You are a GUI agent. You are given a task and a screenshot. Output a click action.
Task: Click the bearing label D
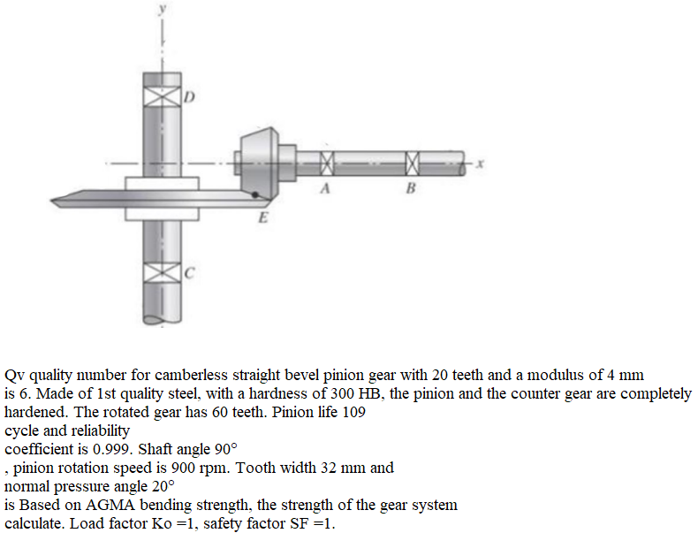coord(189,97)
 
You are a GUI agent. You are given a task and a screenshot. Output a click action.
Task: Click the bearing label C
coord(189,273)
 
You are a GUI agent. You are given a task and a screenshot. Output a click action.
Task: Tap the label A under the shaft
coord(326,188)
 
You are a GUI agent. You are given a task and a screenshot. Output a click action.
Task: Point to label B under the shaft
coord(410,188)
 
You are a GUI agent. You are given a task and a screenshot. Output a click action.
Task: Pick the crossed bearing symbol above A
coord(326,163)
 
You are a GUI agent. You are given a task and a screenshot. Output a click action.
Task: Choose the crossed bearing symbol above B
coord(412,163)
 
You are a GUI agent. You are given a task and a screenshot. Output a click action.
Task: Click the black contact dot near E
coord(255,194)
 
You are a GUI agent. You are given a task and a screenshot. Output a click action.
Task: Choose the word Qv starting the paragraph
coord(16,375)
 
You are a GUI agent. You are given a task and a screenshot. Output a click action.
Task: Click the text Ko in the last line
coord(162,524)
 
